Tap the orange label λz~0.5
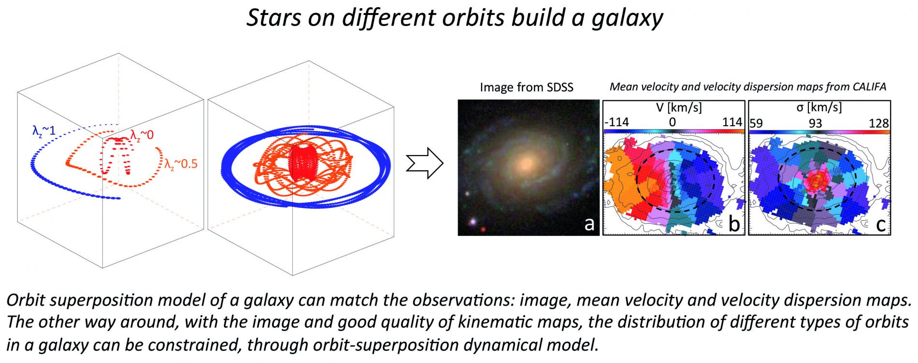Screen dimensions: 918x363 click(180, 164)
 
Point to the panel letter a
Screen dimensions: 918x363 click(589, 223)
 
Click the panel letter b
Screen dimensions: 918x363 click(733, 223)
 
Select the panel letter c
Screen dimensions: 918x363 click(880, 224)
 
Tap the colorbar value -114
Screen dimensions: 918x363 click(617, 122)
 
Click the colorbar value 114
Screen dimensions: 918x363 click(732, 122)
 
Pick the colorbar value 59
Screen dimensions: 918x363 click(756, 123)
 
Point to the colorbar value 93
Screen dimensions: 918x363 click(815, 123)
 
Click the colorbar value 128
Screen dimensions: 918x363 click(878, 123)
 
